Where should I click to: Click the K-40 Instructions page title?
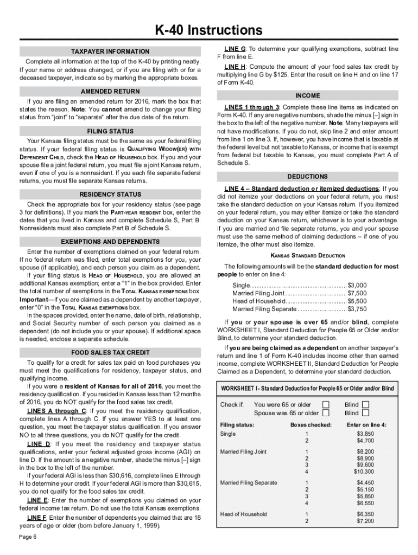(x=209, y=30)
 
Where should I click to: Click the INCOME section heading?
(x=308, y=95)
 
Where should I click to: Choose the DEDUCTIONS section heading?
(x=308, y=177)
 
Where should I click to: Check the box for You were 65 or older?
(x=325, y=405)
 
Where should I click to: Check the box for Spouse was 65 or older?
(x=325, y=414)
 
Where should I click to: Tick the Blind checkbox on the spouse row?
(x=365, y=414)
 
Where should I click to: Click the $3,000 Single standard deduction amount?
(x=357, y=286)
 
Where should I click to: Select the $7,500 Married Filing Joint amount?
(x=357, y=293)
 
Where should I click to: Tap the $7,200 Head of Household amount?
(x=365, y=521)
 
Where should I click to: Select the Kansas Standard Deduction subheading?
(x=307, y=255)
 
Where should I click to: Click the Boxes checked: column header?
(x=311, y=425)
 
